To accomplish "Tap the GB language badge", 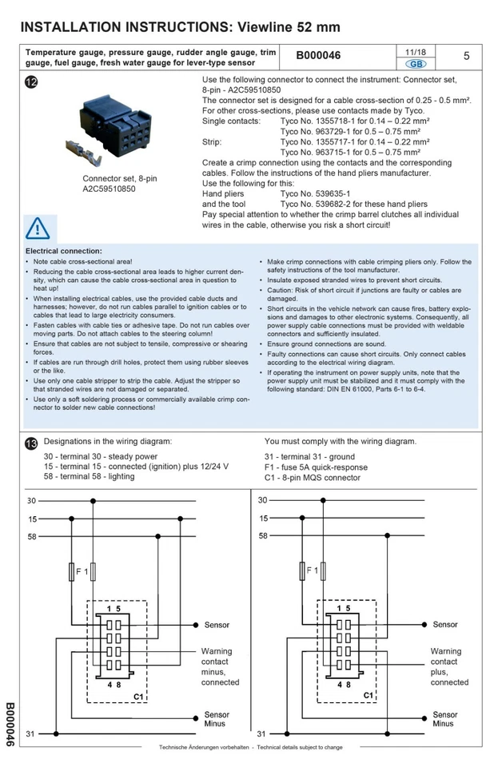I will tap(416, 63).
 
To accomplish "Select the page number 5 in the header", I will tap(466, 56).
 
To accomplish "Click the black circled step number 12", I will tap(31, 84).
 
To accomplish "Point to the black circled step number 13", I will tap(31, 442).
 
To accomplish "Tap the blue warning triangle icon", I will tap(38, 229).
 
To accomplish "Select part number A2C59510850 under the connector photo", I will tap(110, 190).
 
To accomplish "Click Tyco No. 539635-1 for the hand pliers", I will tap(308, 193).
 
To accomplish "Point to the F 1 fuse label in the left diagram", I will tap(82, 571).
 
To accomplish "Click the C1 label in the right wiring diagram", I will tap(368, 696).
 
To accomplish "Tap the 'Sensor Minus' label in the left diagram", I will tap(217, 719).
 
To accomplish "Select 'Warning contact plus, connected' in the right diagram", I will tap(449, 666).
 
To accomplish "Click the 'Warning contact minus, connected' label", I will tap(220, 666).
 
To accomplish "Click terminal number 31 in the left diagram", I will tap(30, 733).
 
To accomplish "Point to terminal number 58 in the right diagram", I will tap(263, 535).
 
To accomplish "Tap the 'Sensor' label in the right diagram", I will tap(445, 625).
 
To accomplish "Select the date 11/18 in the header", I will tap(416, 50).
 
